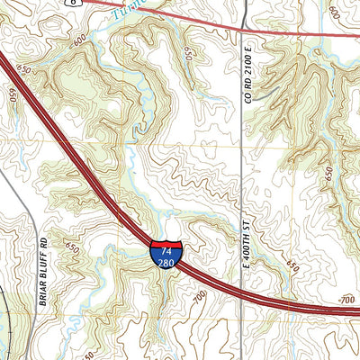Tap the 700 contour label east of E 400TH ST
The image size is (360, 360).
pyautogui.click(x=346, y=299)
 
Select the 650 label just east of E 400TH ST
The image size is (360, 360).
pyautogui.click(x=290, y=266)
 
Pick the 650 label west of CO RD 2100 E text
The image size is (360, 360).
pyautogui.click(x=188, y=55)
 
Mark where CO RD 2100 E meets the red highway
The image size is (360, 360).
pyautogui.click(x=244, y=31)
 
